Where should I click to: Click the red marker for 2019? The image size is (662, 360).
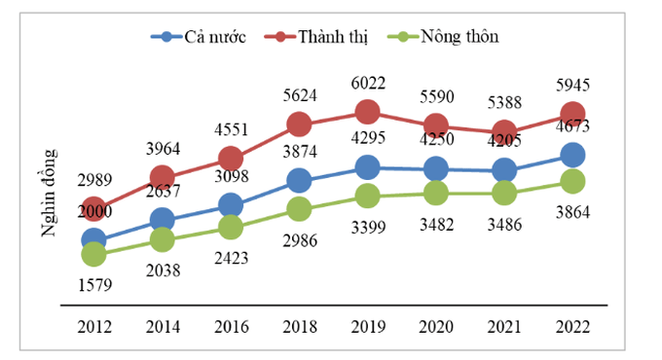coord(367,112)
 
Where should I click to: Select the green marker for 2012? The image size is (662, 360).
coord(93,254)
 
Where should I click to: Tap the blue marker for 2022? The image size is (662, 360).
coord(572,156)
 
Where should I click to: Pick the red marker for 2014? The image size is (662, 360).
coord(162,176)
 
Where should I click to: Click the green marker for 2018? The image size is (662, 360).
coord(299,208)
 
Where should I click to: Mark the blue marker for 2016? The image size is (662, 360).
coord(230,204)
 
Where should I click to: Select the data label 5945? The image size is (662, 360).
coord(572,85)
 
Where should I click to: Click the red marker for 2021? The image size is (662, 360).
coord(504,133)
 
